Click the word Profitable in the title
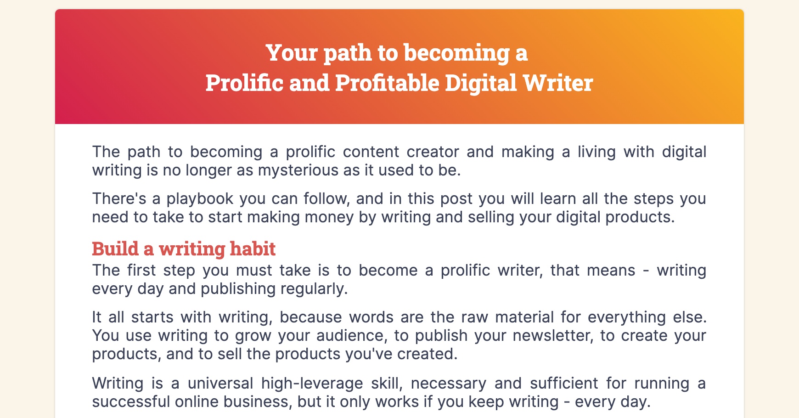[387, 83]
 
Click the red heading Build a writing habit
[184, 249]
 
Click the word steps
[653, 199]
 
